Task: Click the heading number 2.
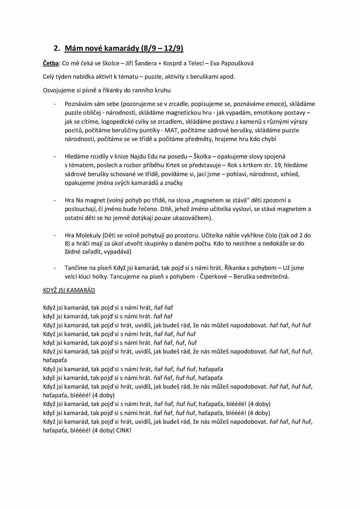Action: pos(57,48)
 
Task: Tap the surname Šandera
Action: pos(153,63)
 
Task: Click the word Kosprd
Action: pos(182,63)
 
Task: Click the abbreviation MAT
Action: pos(171,130)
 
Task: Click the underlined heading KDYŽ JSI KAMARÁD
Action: pos(69,290)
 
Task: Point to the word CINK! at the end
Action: pos(124,430)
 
